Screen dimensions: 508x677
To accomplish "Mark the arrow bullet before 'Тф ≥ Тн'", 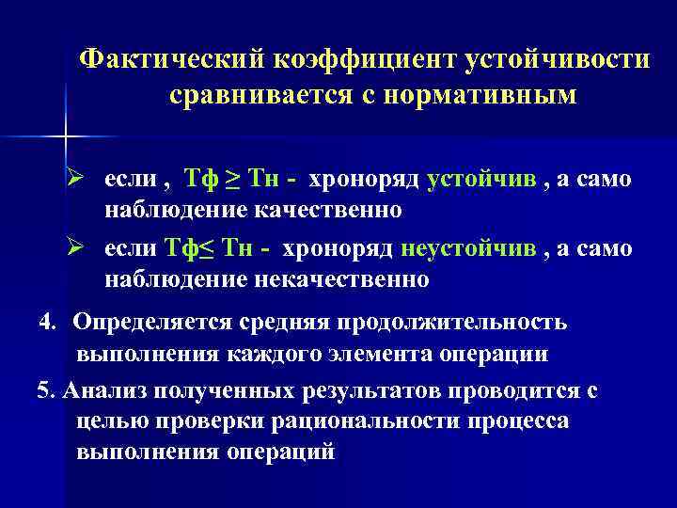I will [84, 180].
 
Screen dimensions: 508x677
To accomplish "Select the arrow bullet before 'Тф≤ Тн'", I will [84, 247].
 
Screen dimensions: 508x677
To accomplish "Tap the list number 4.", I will [46, 323].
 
